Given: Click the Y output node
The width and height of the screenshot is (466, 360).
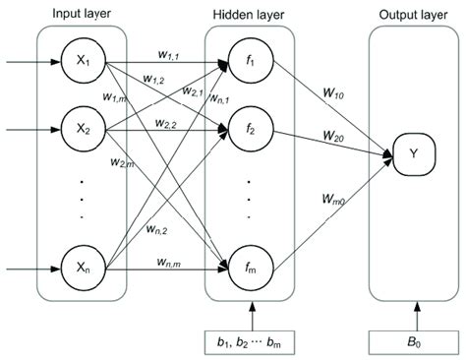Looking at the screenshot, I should pos(413,154).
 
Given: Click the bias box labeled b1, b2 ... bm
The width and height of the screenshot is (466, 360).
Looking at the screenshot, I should pos(250,341).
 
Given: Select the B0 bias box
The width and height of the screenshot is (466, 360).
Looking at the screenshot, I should pos(413,341).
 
